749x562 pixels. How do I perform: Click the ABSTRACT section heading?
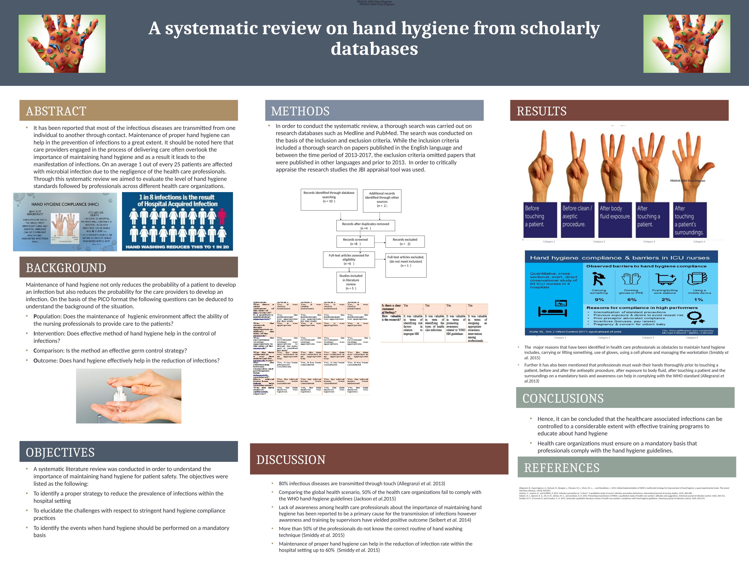[x=56, y=111]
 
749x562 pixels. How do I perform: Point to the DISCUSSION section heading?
[x=291, y=460]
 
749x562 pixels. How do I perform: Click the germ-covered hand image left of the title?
[x=62, y=44]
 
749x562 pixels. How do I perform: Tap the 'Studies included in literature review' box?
[x=351, y=282]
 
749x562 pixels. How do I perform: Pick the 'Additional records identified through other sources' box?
[x=382, y=201]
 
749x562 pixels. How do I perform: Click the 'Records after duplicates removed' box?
[x=365, y=226]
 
